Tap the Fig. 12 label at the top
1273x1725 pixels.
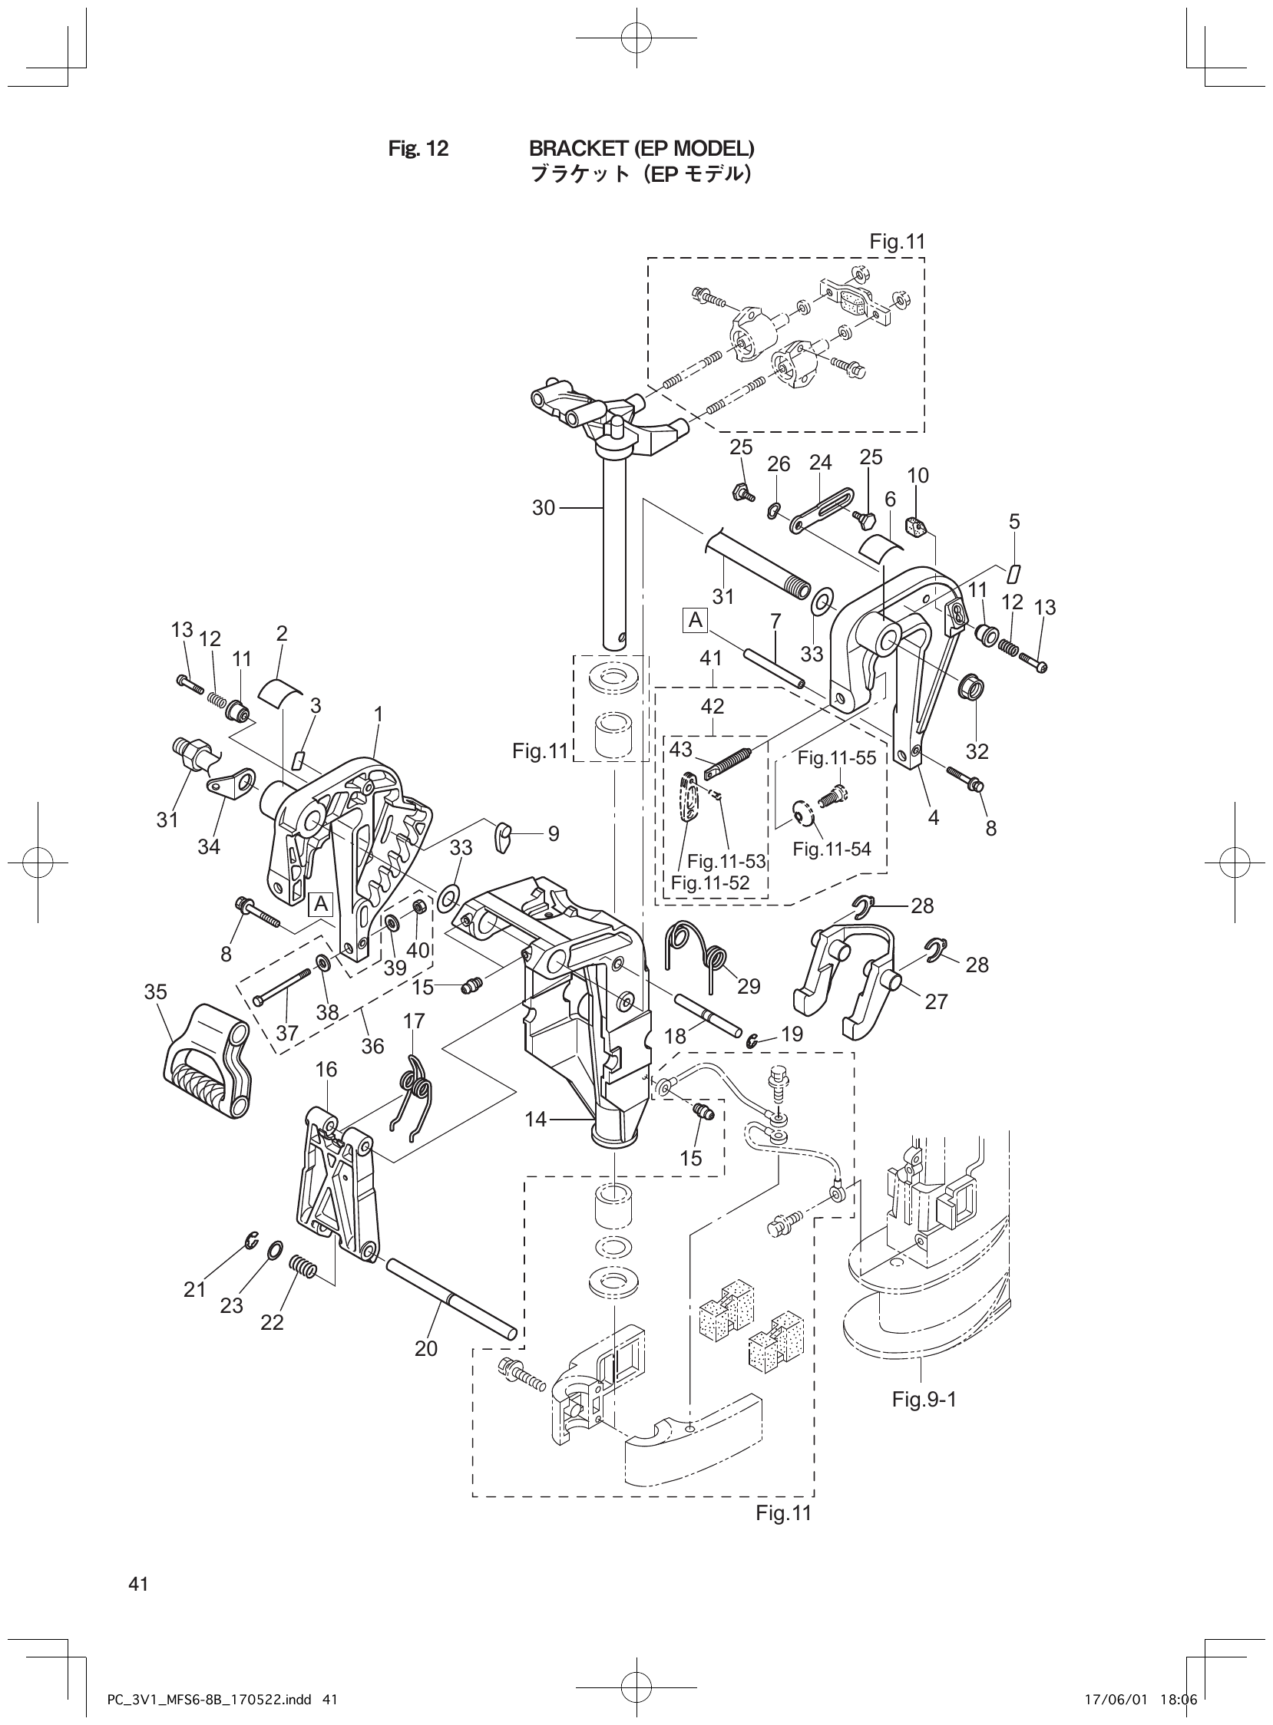point(418,149)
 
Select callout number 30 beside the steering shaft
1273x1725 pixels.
point(544,507)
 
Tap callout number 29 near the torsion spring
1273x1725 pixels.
point(749,986)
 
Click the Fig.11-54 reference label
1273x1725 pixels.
point(832,849)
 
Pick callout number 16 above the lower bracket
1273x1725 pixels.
point(326,1069)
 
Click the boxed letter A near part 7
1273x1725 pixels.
point(696,620)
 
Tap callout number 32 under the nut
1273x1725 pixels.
point(977,750)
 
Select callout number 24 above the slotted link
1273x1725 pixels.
point(821,462)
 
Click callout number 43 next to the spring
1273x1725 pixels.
point(680,748)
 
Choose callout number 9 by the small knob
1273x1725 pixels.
point(554,833)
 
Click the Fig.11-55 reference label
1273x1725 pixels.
point(836,758)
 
